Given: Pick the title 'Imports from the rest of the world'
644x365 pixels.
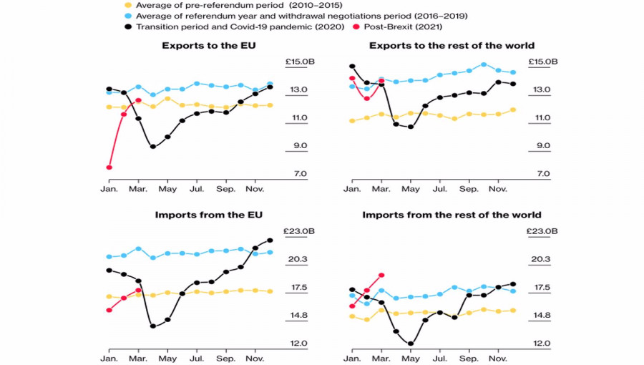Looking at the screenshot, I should coord(452,215).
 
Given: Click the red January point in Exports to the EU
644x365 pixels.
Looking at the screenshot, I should coord(109,167).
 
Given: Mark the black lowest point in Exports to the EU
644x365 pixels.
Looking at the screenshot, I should coord(153,147).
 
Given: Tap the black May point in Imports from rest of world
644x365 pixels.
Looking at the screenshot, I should coord(411,344).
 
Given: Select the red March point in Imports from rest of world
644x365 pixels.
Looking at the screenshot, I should coord(381,275).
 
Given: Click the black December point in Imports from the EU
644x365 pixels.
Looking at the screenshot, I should coord(270,240).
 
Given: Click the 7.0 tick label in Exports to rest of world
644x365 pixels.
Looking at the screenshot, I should coord(543,174).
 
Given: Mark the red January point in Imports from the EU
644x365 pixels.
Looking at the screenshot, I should coord(109,310).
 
